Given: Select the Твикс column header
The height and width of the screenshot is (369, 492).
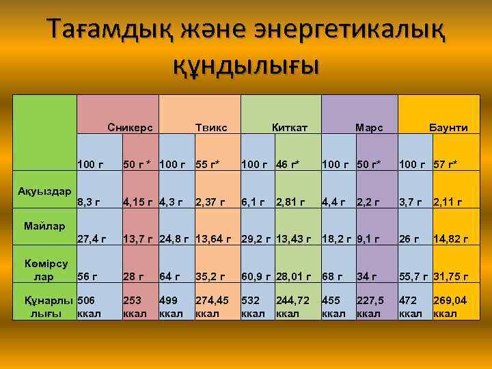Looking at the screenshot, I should [211, 128].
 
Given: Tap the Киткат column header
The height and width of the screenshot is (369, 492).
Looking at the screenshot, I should [290, 128].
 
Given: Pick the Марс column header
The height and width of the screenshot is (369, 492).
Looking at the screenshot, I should [369, 128].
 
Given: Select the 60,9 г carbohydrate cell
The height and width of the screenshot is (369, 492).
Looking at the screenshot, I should [256, 276].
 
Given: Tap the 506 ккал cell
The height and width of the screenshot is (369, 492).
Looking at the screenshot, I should [89, 307].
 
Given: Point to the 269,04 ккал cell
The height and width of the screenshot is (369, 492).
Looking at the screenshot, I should [450, 307].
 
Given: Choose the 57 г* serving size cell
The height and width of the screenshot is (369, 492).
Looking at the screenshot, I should [445, 165].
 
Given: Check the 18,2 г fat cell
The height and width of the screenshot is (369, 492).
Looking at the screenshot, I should [336, 238].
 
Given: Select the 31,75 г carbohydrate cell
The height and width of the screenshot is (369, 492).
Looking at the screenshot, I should [451, 276].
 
